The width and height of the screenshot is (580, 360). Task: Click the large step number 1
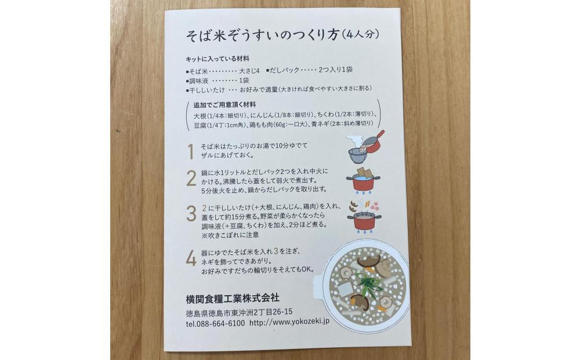pyautogui.click(x=191, y=151)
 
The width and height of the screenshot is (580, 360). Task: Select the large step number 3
pyautogui.click(x=191, y=214)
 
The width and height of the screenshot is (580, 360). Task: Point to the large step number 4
pyautogui.click(x=191, y=259)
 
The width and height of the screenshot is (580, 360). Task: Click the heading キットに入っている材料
pyautogui.click(x=217, y=59)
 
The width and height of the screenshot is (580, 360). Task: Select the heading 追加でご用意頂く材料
pyautogui.click(x=224, y=105)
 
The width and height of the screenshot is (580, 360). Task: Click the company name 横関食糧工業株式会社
pyautogui.click(x=233, y=298)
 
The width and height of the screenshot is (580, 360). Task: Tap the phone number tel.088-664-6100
pyautogui.click(x=215, y=323)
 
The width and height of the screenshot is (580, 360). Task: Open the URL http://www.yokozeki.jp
pyautogui.click(x=289, y=322)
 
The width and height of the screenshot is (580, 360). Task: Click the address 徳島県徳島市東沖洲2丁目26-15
pyautogui.click(x=240, y=312)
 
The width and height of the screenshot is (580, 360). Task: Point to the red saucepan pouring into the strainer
pyautogui.click(x=371, y=142)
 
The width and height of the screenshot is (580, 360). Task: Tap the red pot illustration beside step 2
pyautogui.click(x=363, y=183)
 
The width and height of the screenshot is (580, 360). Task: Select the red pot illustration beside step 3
pyautogui.click(x=364, y=221)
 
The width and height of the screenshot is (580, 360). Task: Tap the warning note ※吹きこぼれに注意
pyautogui.click(x=230, y=235)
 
